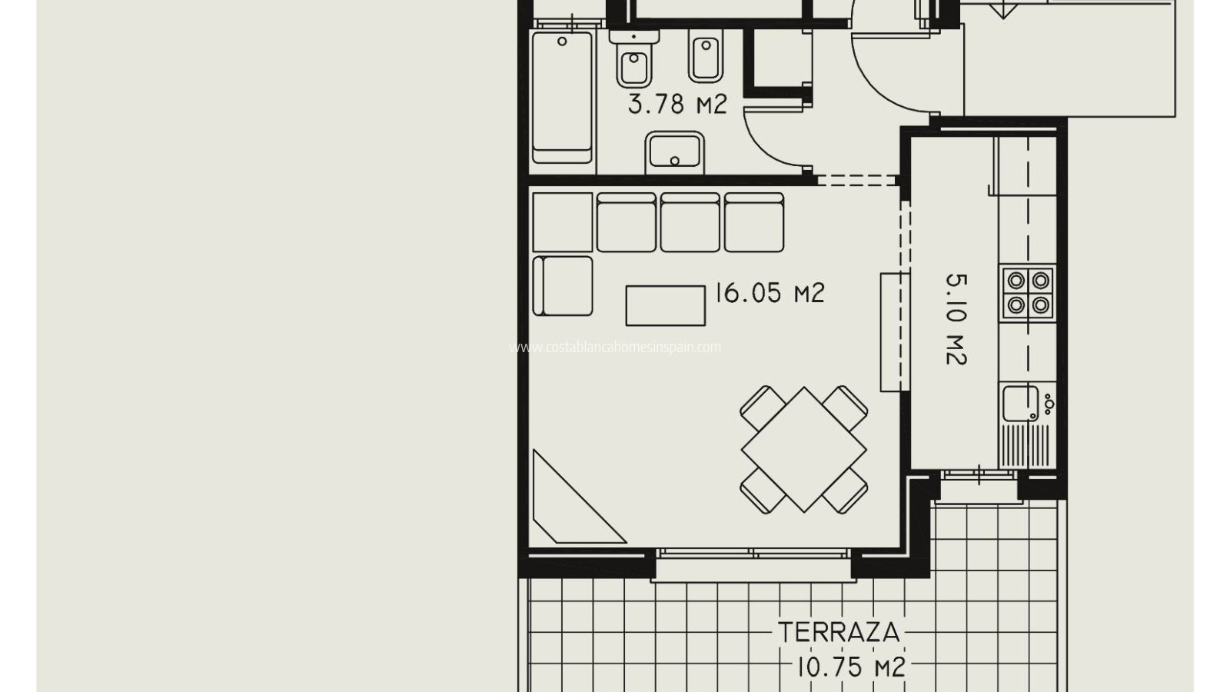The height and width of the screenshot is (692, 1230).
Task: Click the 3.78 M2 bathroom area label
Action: click(677, 104)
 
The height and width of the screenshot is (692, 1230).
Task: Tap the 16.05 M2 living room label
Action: click(770, 293)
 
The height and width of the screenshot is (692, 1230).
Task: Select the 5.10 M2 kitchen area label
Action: click(956, 320)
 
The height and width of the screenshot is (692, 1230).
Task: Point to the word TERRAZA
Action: click(839, 633)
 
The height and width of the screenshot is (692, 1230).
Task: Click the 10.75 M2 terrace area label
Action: click(850, 668)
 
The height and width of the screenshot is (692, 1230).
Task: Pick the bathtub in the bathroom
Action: click(562, 97)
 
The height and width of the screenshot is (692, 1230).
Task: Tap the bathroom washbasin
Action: click(675, 152)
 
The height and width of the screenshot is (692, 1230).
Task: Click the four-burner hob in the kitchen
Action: click(1028, 293)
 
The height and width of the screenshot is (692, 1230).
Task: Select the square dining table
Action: click(804, 450)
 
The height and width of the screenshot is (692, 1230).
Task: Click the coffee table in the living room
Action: click(666, 305)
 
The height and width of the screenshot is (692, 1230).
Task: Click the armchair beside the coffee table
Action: click(563, 286)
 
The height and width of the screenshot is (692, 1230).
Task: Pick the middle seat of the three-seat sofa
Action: click(690, 222)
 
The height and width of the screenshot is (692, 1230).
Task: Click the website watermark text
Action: click(615, 347)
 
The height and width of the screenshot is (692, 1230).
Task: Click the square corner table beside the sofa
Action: click(563, 222)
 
